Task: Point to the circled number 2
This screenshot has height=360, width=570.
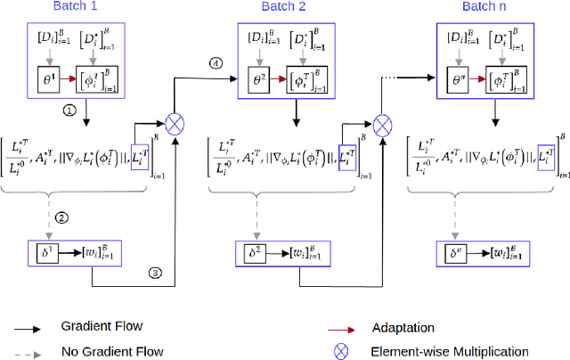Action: pyautogui.click(x=61, y=217)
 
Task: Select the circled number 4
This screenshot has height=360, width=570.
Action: pyautogui.click(x=214, y=62)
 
